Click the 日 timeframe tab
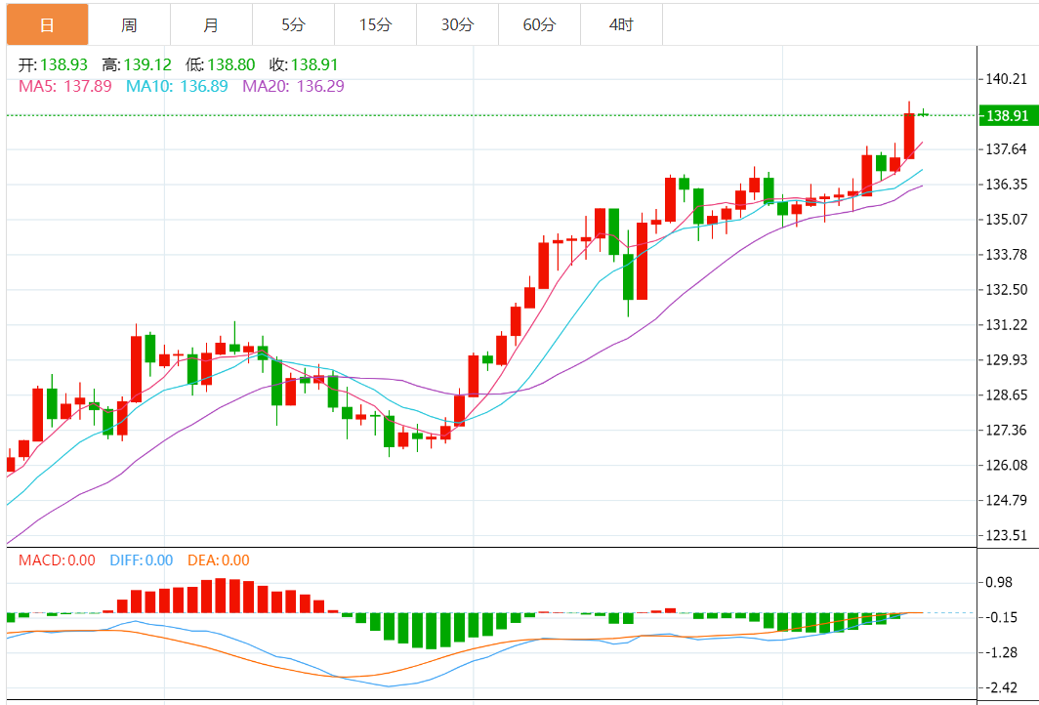(47, 24)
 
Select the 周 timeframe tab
(129, 24)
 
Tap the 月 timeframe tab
(211, 24)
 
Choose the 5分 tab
(293, 24)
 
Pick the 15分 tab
(375, 24)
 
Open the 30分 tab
(457, 24)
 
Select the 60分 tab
(539, 24)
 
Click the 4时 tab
(621, 24)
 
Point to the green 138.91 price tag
(1008, 115)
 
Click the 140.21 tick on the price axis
(1007, 79)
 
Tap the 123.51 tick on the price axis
(1007, 535)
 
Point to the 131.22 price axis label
(1007, 324)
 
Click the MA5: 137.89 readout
(64, 86)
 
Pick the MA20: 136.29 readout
(293, 86)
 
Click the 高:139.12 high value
(137, 65)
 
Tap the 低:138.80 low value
(221, 65)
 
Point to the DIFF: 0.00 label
(141, 560)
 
